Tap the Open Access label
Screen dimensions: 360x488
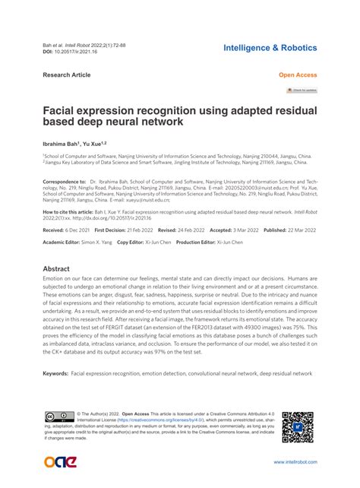(298, 75)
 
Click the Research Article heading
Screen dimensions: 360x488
(67, 75)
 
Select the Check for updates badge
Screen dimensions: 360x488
(302, 89)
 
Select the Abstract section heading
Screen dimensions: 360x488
(56, 269)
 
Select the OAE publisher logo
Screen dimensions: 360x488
(60, 461)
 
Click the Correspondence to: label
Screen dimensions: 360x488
(65, 182)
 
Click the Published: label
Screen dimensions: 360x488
(264, 229)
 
